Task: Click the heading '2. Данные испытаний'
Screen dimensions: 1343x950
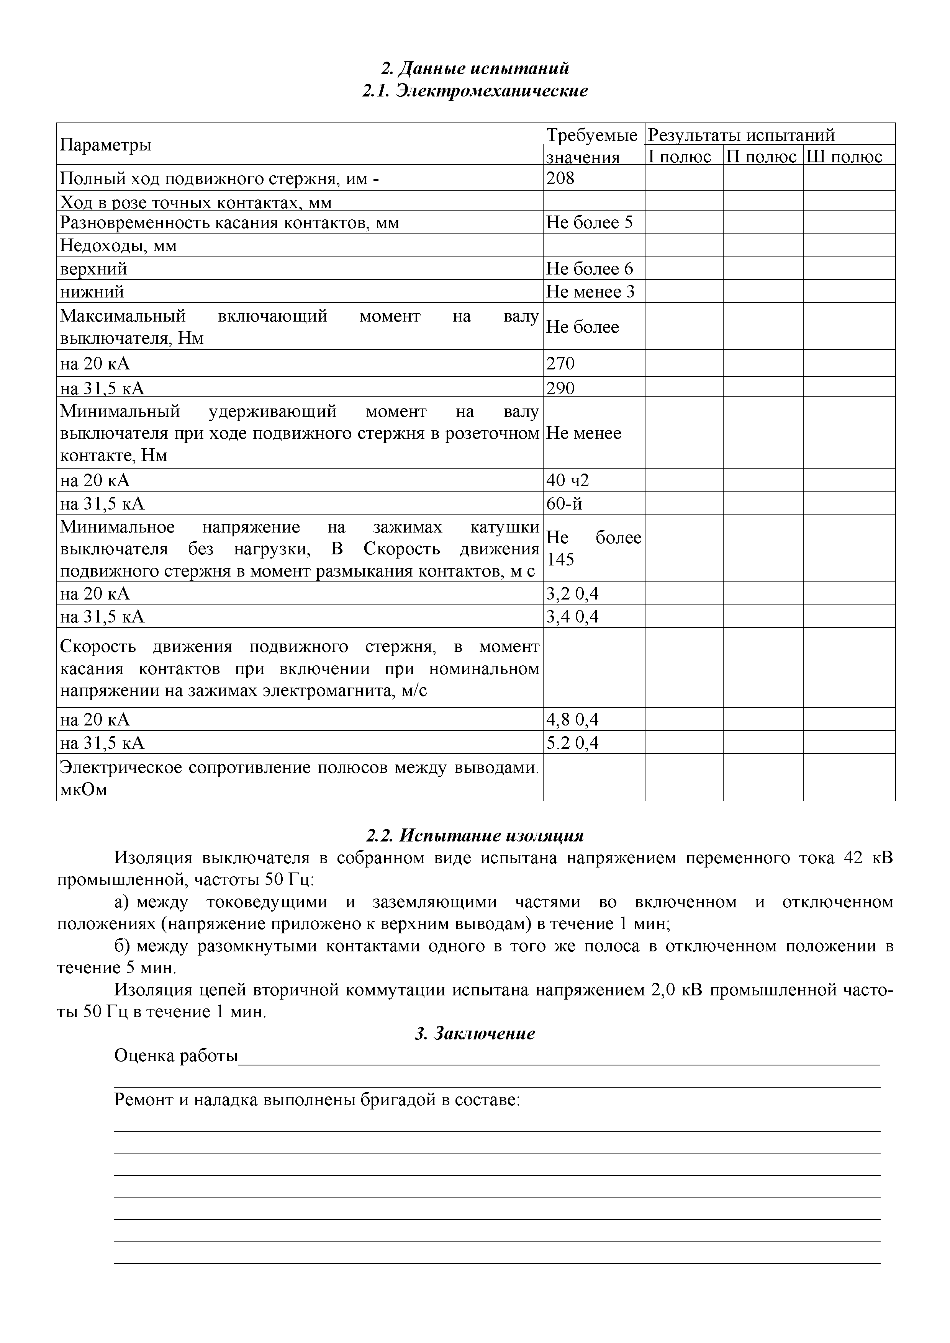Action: [475, 69]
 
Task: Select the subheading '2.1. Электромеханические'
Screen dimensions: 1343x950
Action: [475, 91]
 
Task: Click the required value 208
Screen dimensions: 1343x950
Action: [561, 178]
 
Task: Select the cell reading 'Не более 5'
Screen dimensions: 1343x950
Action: [590, 222]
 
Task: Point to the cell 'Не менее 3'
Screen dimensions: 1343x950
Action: [590, 291]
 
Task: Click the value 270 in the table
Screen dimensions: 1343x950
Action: [561, 364]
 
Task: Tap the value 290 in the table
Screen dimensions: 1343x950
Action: [561, 388]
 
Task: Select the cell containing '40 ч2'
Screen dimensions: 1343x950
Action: [568, 480]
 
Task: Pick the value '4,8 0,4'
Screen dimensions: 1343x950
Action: [572, 719]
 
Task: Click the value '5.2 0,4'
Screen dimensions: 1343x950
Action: [572, 743]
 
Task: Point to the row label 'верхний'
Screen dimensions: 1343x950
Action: [93, 268]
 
